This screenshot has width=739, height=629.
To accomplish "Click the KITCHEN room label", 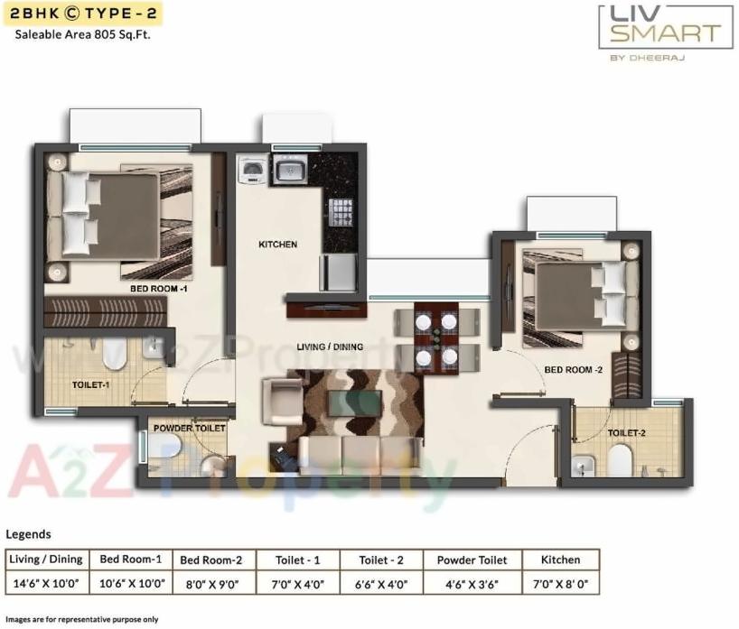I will point(277,245).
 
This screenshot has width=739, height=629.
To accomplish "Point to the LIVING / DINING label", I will point(330,347).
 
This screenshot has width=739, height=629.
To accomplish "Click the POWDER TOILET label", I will point(189,428).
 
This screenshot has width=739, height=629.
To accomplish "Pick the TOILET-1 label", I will point(90,385).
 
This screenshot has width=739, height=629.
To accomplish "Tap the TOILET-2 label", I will point(626,433).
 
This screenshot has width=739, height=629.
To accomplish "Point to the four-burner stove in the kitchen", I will point(340,215).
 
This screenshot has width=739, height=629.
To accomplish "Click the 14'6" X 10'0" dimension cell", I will point(46,584).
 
